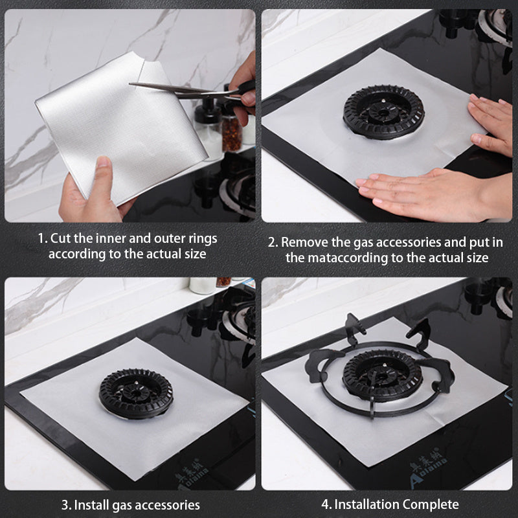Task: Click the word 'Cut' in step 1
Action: pyautogui.click(x=60, y=238)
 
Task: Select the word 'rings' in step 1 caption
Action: pyautogui.click(x=203, y=239)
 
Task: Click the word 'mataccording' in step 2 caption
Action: pyautogui.click(x=348, y=258)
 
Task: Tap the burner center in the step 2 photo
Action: pyautogui.click(x=383, y=113)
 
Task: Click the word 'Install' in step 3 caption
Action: pyautogui.click(x=92, y=505)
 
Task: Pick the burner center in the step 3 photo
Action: pyautogui.click(x=136, y=394)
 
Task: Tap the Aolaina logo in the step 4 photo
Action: pyautogui.click(x=428, y=466)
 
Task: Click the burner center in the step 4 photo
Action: pyautogui.click(x=382, y=376)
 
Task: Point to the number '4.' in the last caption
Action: pyautogui.click(x=327, y=505)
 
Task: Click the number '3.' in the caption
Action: pyautogui.click(x=67, y=506)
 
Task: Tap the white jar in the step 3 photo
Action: pyautogui.click(x=202, y=286)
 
